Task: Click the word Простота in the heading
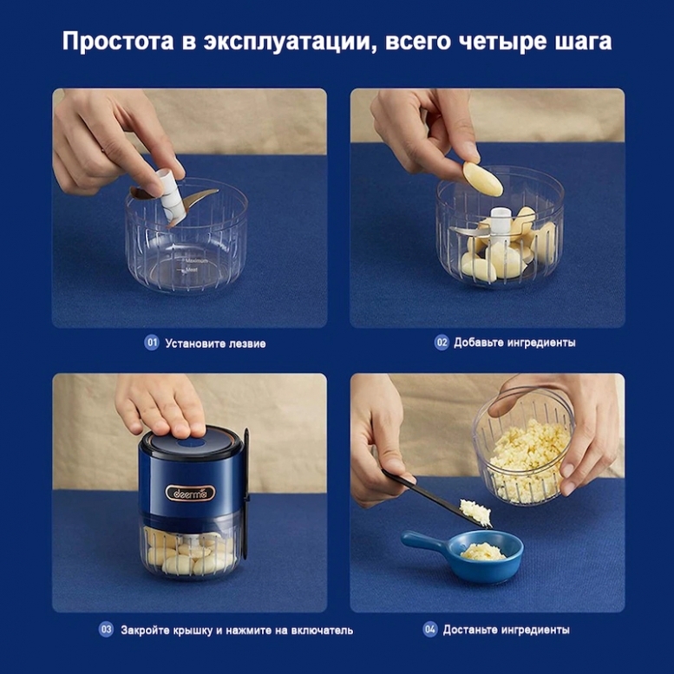[x=118, y=42]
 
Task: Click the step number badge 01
[x=151, y=343]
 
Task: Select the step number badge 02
[x=441, y=342]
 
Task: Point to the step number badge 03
[x=106, y=629]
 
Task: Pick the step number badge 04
[x=430, y=629]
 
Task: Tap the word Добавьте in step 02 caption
[x=479, y=343]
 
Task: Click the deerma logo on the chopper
[x=191, y=493]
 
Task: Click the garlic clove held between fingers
[x=482, y=179]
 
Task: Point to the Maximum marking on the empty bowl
[x=196, y=260]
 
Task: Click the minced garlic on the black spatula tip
[x=475, y=512]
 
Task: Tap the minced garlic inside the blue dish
[x=482, y=552]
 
